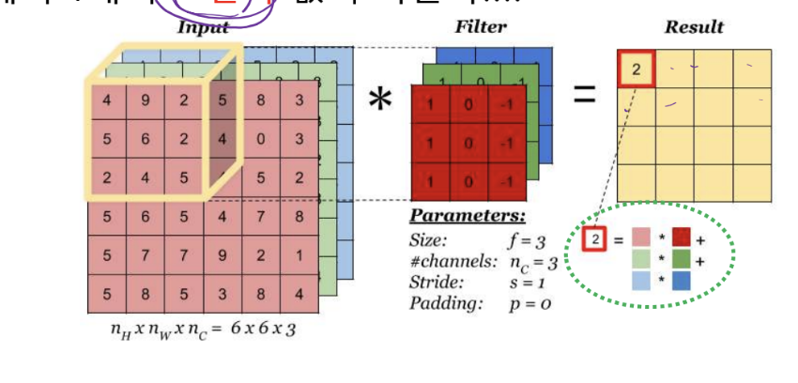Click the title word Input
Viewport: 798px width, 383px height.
click(x=203, y=26)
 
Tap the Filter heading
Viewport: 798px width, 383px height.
click(x=480, y=26)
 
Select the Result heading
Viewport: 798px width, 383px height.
click(x=694, y=26)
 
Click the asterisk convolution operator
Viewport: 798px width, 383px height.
click(x=380, y=99)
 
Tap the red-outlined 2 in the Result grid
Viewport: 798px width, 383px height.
click(x=636, y=69)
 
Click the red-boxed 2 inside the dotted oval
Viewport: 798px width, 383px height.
click(x=594, y=239)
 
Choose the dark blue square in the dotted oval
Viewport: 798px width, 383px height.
click(x=682, y=279)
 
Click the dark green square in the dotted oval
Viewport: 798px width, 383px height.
click(x=682, y=259)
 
